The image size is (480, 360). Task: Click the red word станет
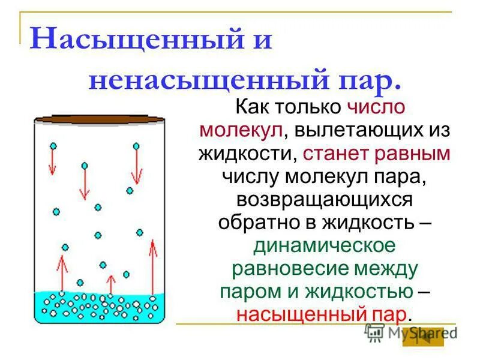click(x=335, y=153)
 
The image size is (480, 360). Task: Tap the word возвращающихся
click(x=324, y=199)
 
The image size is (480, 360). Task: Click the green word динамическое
click(x=324, y=245)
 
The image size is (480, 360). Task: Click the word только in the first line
click(x=305, y=107)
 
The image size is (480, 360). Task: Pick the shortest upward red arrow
click(x=110, y=284)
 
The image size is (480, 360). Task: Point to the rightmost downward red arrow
click(x=137, y=165)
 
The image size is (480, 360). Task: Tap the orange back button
click(x=423, y=337)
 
